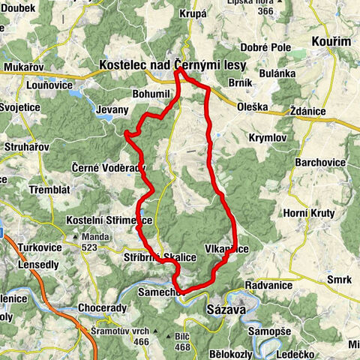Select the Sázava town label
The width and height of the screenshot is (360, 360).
pos(223,308)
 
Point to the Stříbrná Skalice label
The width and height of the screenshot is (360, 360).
pos(160,257)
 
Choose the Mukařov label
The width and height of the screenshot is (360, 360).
pos(22,67)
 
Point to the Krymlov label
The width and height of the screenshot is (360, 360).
pos(266,139)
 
